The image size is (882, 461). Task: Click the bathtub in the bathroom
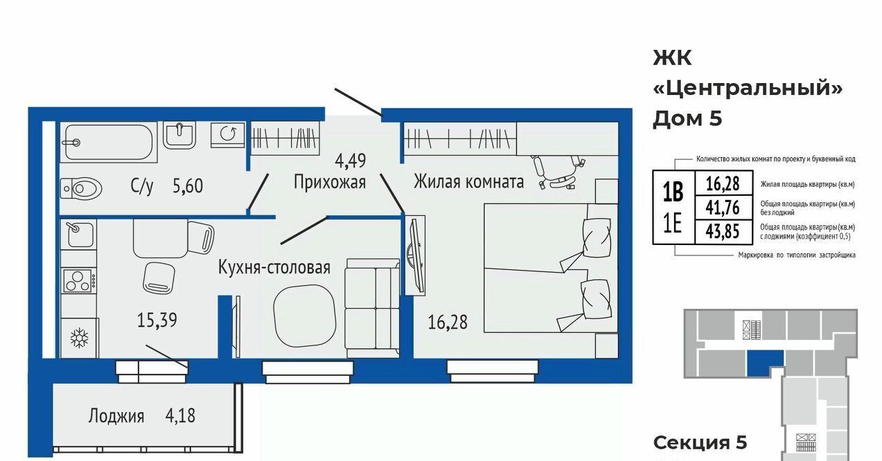(x=109, y=142)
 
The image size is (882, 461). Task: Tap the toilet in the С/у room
(x=82, y=188)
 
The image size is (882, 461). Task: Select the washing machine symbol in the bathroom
(x=227, y=134)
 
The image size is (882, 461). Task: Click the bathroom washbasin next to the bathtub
(x=179, y=134)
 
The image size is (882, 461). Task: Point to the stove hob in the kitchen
(x=78, y=280)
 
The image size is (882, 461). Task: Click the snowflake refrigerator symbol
(x=79, y=338)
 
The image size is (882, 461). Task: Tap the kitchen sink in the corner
(x=78, y=234)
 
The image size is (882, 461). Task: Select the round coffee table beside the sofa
(x=304, y=316)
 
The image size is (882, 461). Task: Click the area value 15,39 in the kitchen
(x=157, y=320)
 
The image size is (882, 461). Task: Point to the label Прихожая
(x=330, y=183)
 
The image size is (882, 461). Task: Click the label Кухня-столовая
(x=274, y=267)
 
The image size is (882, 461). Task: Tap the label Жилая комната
(x=468, y=182)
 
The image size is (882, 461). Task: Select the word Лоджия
(x=116, y=416)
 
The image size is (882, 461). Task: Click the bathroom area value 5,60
(x=188, y=186)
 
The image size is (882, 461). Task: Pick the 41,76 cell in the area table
(x=723, y=207)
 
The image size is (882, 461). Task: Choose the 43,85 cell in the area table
(x=723, y=231)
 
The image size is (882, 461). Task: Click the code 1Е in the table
(x=673, y=224)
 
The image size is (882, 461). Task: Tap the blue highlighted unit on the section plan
(x=764, y=362)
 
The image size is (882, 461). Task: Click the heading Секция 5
(x=700, y=442)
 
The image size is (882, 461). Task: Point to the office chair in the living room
(x=558, y=172)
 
